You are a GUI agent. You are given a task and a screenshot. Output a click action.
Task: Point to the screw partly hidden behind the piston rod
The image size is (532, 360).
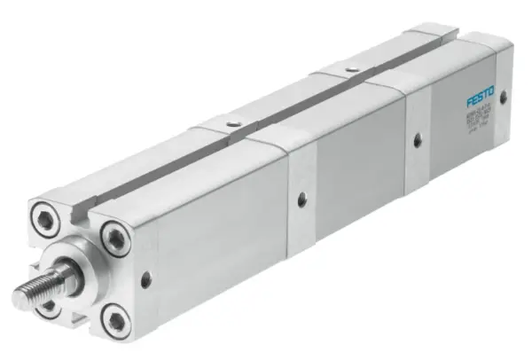pos(46,307)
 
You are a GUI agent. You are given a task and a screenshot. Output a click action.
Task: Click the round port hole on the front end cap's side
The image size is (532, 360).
pos(145,279)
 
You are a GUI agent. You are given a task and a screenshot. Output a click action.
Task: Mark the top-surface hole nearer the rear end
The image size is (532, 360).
pos(353,68)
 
